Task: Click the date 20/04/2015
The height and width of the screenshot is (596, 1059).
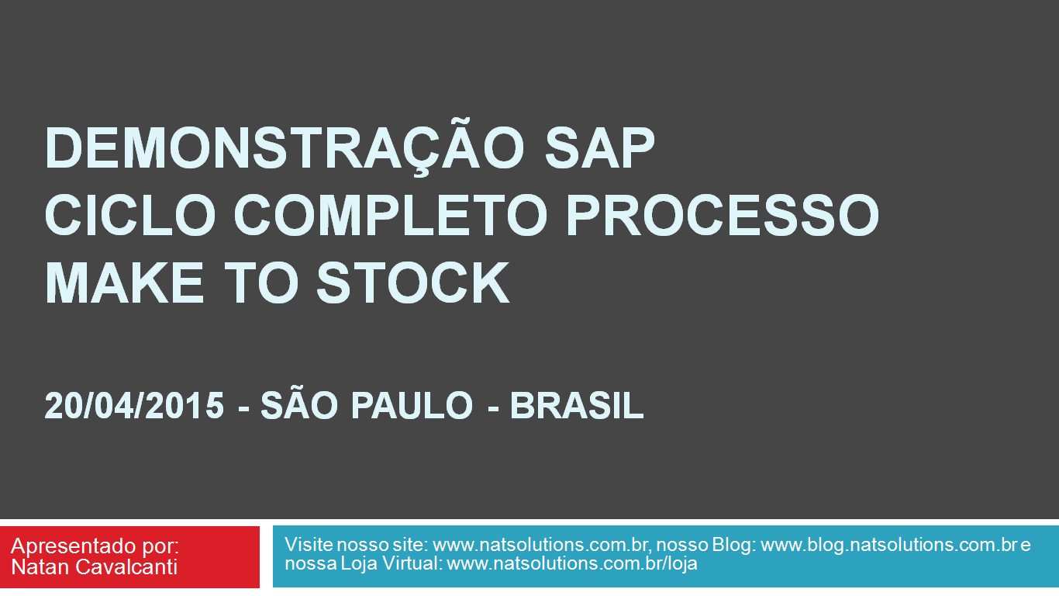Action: [134, 406]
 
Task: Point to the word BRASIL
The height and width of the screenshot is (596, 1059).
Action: [577, 406]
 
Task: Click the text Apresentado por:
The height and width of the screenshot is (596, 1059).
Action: [95, 546]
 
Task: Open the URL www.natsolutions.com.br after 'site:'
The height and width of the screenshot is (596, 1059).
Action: [540, 545]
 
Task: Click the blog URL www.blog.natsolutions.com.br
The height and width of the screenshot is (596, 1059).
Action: [888, 545]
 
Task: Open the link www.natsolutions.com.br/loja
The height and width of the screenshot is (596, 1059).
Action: [572, 564]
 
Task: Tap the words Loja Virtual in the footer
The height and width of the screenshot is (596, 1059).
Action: [391, 564]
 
